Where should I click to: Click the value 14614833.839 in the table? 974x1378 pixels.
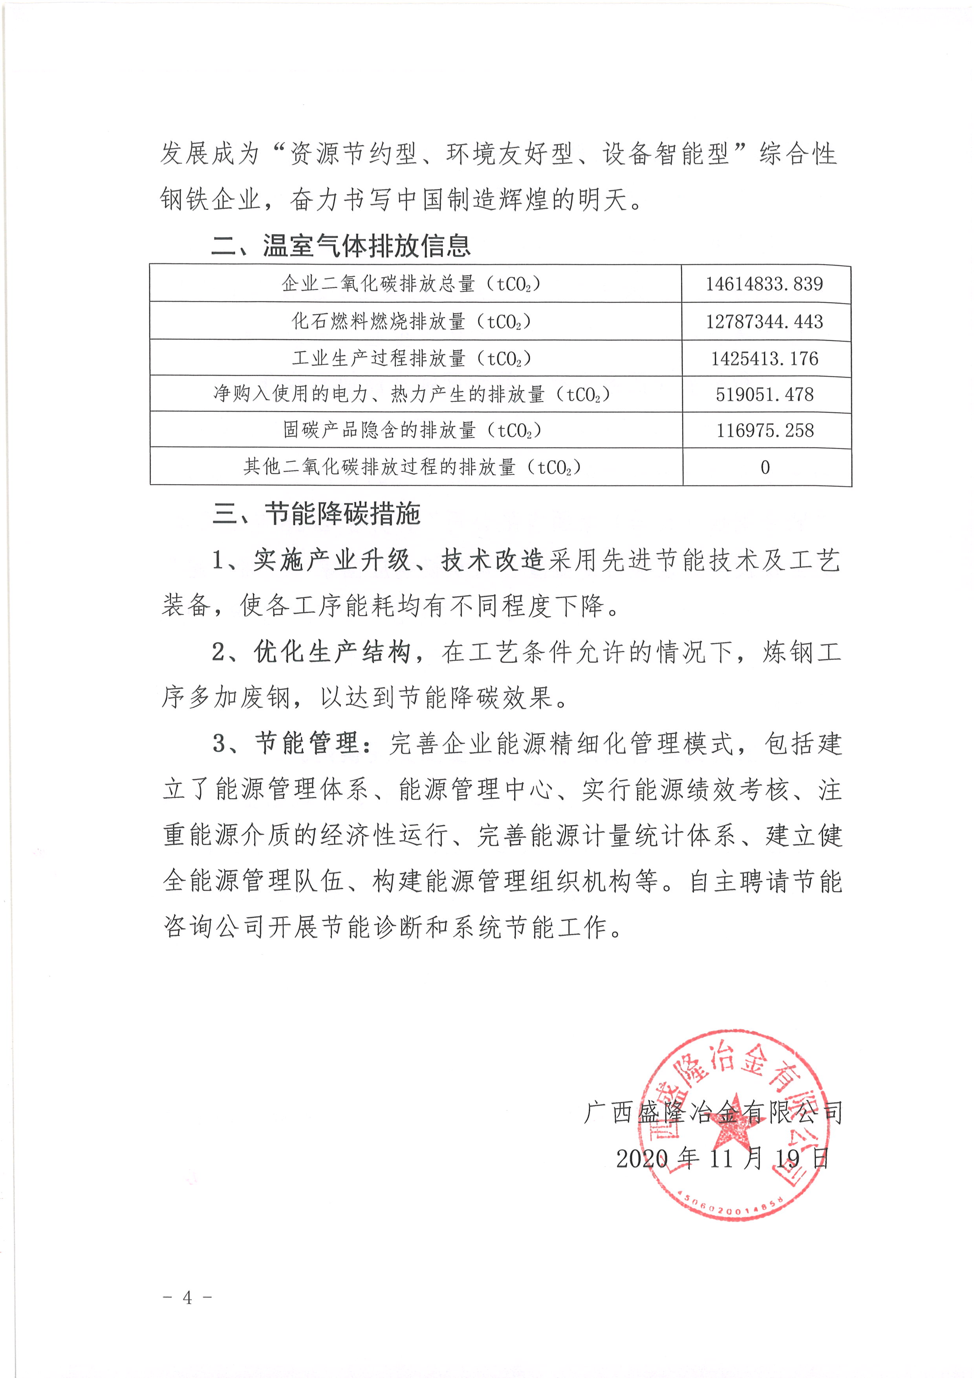point(764,283)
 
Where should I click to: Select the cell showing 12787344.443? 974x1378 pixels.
point(764,322)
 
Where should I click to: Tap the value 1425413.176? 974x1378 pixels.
point(764,359)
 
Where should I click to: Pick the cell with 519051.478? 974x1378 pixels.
point(764,395)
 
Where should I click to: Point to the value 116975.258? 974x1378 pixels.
point(765,430)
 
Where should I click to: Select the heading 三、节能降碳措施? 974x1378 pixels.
point(316,514)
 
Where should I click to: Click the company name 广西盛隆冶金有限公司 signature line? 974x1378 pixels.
point(712,1112)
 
